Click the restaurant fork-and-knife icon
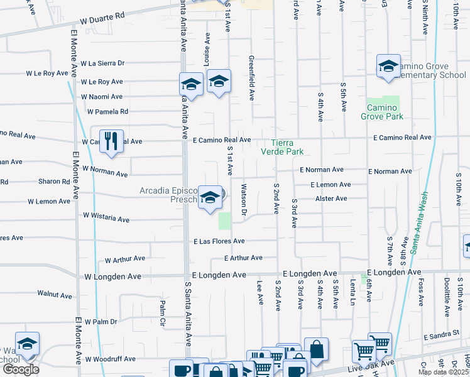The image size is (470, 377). (111, 141)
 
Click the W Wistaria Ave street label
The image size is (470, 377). (106, 217)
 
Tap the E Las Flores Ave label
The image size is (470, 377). (219, 241)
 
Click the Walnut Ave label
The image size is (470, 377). (55, 294)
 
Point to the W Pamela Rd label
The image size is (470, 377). (107, 112)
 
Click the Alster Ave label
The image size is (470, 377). (331, 199)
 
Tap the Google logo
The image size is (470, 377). (20, 369)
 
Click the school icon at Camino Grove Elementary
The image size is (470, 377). (388, 67)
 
